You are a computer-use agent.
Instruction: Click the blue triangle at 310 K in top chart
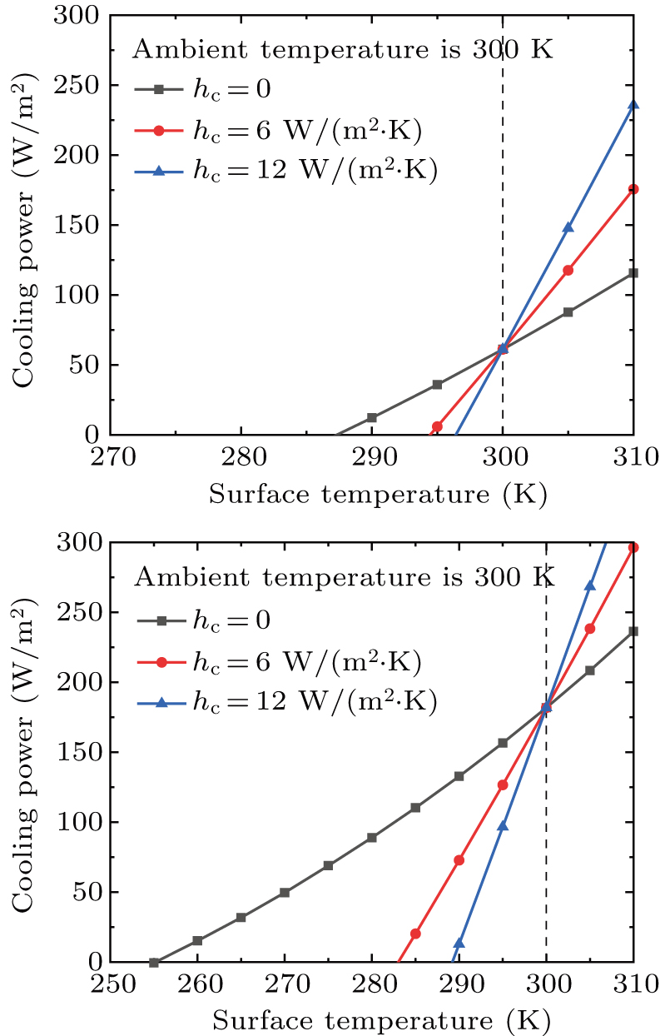[x=633, y=104]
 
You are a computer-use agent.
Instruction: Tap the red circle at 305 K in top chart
[x=568, y=270]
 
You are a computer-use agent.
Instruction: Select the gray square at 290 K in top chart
[x=372, y=417]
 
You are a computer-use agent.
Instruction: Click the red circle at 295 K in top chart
[x=437, y=426]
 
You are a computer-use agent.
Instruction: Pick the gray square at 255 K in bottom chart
[x=154, y=962]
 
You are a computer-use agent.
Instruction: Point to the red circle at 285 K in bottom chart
[x=415, y=934]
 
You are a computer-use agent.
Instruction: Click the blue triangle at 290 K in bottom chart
[x=459, y=943]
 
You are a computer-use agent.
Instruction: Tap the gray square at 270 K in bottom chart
[x=285, y=892]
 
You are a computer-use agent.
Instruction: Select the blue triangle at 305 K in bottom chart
[x=590, y=585]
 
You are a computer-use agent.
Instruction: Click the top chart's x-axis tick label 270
[x=111, y=456]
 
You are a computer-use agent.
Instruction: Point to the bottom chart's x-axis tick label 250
[x=111, y=983]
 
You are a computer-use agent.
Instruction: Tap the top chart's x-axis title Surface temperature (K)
[x=377, y=495]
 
